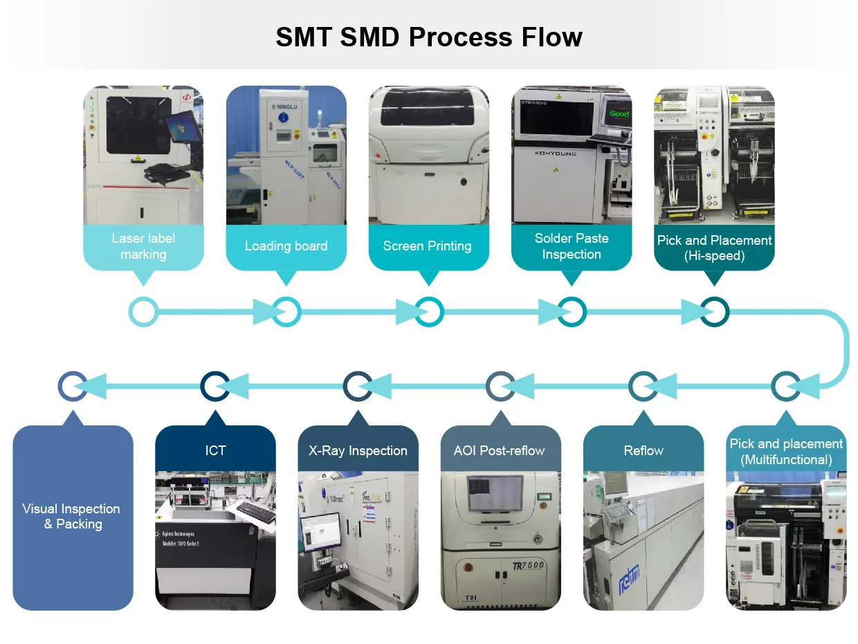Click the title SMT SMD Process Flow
428,37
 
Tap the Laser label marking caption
143,246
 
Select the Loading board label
286,246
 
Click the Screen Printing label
428,246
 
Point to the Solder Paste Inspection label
571,246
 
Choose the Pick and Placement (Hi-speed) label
714,248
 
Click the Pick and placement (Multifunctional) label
786,452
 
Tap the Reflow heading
643,451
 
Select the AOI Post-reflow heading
500,451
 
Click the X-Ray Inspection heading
358,451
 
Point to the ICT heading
215,451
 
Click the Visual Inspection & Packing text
72,517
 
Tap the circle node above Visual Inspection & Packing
73,386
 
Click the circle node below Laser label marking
143,312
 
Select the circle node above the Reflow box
643,386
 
